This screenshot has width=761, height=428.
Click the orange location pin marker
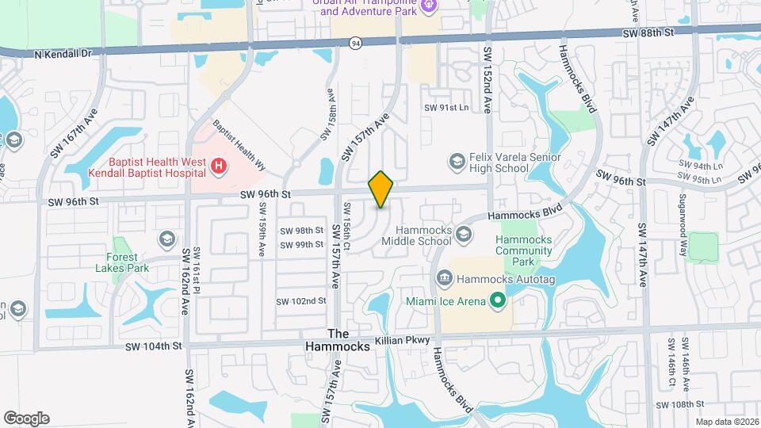381,189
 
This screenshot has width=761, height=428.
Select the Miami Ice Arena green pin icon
497,300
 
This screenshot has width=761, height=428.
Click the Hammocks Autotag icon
444,277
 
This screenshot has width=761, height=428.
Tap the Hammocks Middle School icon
464,233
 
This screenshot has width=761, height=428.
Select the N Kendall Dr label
64,55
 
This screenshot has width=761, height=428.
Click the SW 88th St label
647,33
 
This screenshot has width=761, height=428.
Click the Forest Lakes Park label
128,262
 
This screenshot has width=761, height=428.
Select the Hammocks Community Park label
523,250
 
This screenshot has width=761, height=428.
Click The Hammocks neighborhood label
338,341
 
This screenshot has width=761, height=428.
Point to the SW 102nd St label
301,301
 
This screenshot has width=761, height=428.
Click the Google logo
26,418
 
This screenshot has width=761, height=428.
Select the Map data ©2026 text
727,421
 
